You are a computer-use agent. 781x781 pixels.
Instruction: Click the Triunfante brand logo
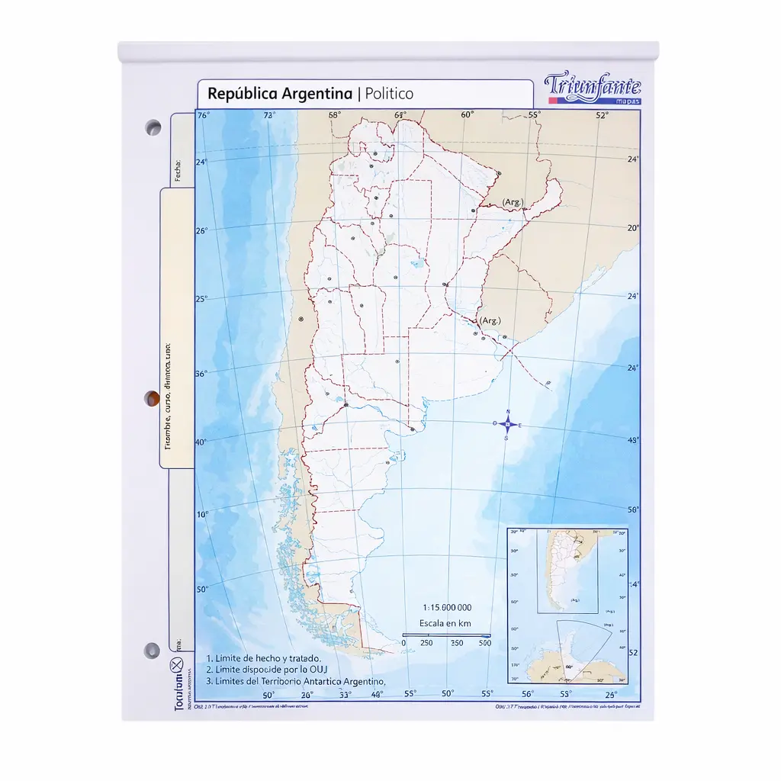click(593, 88)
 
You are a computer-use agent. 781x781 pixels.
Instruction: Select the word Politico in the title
click(389, 94)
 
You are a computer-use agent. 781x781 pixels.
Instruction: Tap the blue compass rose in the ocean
click(506, 425)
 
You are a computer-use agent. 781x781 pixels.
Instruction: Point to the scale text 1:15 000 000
click(447, 607)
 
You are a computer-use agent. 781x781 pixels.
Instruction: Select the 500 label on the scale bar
click(484, 643)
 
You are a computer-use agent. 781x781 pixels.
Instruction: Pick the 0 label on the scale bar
click(403, 643)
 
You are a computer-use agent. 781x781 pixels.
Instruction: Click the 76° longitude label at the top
click(203, 116)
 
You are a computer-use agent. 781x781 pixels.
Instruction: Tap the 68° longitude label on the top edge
click(335, 116)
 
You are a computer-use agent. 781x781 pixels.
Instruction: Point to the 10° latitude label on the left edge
click(202, 515)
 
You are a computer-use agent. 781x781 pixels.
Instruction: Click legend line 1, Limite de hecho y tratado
click(264, 658)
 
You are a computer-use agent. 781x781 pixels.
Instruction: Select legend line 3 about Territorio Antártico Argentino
click(296, 681)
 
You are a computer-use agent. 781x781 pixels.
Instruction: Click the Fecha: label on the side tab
click(178, 170)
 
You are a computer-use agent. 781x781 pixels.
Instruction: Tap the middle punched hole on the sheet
click(153, 397)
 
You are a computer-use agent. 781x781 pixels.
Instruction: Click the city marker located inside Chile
click(301, 318)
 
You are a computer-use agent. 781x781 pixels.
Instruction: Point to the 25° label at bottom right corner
click(612, 695)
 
